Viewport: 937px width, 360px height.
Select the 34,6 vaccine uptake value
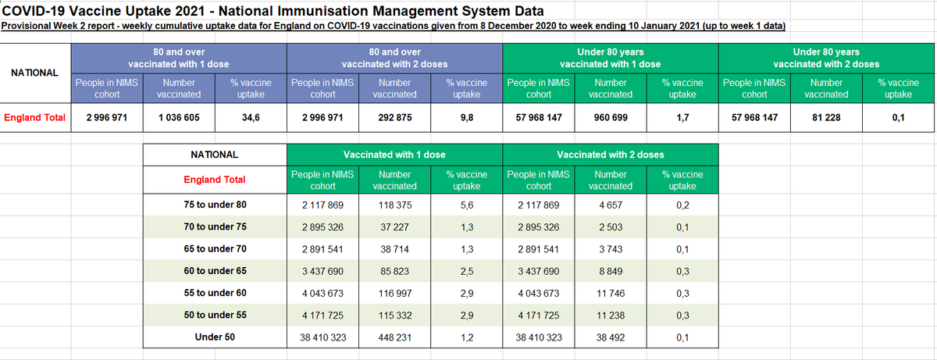[x=251, y=119]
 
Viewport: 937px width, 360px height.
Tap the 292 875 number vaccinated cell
[x=395, y=119]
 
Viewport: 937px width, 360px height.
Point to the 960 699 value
[x=611, y=119]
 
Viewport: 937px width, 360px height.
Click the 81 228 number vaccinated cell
[x=826, y=119]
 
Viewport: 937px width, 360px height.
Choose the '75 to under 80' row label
[x=215, y=205]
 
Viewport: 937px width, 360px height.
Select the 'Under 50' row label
[x=215, y=338]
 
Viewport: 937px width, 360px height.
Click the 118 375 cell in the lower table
[x=395, y=205]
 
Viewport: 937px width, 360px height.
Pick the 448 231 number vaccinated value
[x=395, y=338]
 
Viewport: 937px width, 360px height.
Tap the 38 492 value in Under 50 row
[x=611, y=338]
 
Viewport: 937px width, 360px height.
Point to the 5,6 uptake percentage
[x=467, y=205]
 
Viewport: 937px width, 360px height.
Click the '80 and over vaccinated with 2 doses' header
[x=394, y=58]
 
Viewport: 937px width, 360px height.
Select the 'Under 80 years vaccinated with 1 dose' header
[x=611, y=58]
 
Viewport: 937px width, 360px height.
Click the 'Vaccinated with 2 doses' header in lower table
[x=611, y=155]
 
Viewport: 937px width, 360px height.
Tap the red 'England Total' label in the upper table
[x=34, y=119]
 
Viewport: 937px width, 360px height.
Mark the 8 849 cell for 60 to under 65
[x=611, y=272]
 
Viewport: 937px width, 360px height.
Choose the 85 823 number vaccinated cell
[x=395, y=272]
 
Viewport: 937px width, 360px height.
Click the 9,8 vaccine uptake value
[x=467, y=119]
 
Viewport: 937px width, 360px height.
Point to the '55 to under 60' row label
[x=215, y=294]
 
